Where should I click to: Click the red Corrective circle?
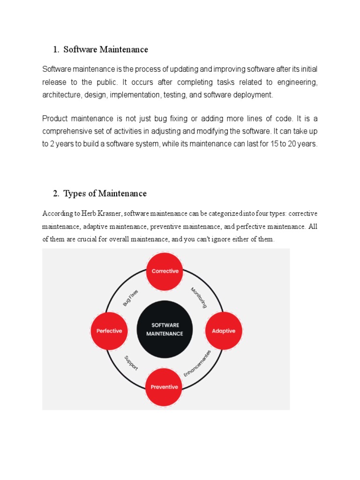(165, 271)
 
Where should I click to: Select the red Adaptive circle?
(224, 330)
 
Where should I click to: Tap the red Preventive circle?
(164, 387)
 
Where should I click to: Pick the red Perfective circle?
(109, 330)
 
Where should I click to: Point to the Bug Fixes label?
(131, 298)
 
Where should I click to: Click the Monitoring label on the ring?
(199, 298)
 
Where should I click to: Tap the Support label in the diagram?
(131, 363)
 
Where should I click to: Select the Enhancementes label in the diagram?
(197, 363)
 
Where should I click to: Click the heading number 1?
(56, 50)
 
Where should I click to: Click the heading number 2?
(56, 194)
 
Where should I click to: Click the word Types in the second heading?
(74, 194)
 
